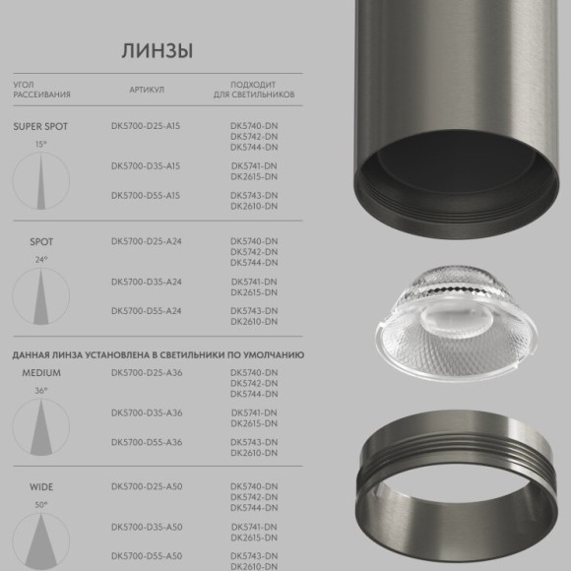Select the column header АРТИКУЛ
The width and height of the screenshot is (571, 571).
(x=146, y=89)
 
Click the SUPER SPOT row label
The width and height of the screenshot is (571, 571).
(x=40, y=126)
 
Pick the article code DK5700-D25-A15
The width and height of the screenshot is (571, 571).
(x=147, y=126)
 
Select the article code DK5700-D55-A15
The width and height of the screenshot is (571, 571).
(x=147, y=196)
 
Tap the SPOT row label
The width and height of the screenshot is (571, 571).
(x=40, y=241)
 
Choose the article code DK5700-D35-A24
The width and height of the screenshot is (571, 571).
(x=147, y=282)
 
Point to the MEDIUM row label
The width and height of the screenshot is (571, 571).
(x=40, y=373)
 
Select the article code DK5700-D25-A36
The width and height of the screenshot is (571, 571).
(x=147, y=373)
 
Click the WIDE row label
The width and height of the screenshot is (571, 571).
(x=40, y=487)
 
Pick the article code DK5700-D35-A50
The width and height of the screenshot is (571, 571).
(x=147, y=528)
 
